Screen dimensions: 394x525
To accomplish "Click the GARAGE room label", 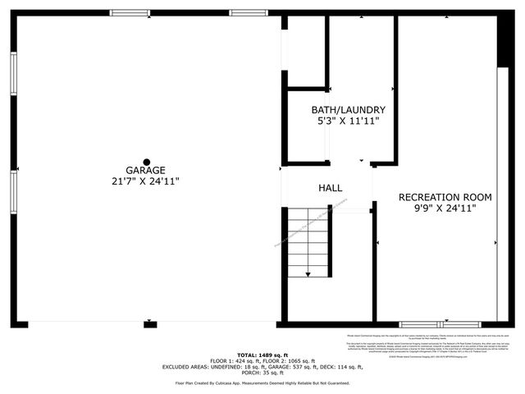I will [146, 170].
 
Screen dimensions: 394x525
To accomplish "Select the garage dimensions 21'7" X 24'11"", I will [146, 181].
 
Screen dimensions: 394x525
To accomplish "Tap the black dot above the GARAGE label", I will [146, 160].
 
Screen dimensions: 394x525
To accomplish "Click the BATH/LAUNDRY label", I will [348, 110].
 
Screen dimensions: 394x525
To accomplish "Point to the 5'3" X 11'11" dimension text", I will [348, 121].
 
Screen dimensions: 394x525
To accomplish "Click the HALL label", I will [330, 189].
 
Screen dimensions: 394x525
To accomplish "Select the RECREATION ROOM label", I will [445, 197].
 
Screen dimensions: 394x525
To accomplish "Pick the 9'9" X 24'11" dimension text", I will [445, 208].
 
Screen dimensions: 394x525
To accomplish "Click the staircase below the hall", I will [309, 242].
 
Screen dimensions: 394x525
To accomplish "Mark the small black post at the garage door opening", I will [149, 324].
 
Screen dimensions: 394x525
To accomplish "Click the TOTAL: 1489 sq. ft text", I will [262, 354].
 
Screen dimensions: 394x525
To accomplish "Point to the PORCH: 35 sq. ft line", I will [262, 373].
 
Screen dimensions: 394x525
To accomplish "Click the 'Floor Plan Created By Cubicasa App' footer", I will [262, 383].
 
